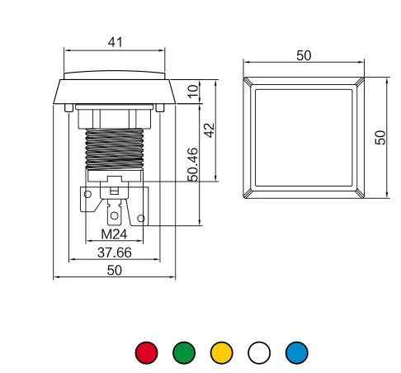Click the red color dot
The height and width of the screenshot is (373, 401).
146,352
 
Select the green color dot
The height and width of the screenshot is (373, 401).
184,352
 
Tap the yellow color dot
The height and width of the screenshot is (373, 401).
221,352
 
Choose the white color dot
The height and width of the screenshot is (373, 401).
259,352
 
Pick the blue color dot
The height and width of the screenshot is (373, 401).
297,352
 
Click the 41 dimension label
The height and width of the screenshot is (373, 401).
115,42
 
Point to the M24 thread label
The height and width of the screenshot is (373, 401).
114,234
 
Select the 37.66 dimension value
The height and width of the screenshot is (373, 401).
115,253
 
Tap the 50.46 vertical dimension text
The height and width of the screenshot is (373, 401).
193,164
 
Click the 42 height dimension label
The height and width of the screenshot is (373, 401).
210,130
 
